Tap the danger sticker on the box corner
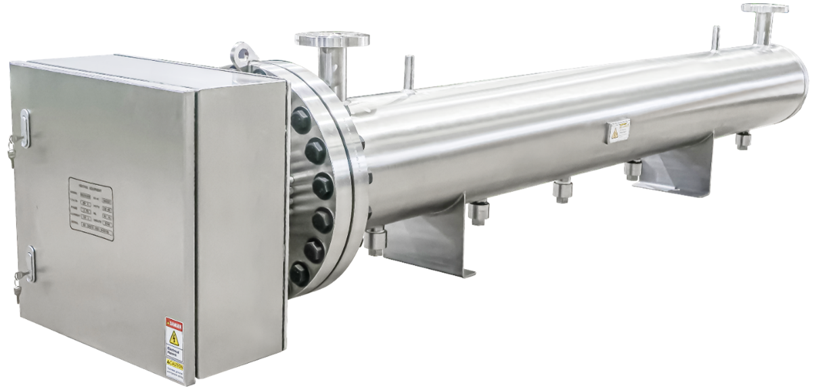pyautogui.click(x=175, y=345)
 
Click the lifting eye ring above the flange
pyautogui.click(x=239, y=52)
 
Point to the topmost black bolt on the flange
pyautogui.click(x=299, y=120)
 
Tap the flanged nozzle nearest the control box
pyautogui.click(x=332, y=54)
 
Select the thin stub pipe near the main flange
pyautogui.click(x=407, y=70)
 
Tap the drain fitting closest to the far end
pyautogui.click(x=743, y=141)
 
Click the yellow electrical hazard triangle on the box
pyautogui.click(x=175, y=337)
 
